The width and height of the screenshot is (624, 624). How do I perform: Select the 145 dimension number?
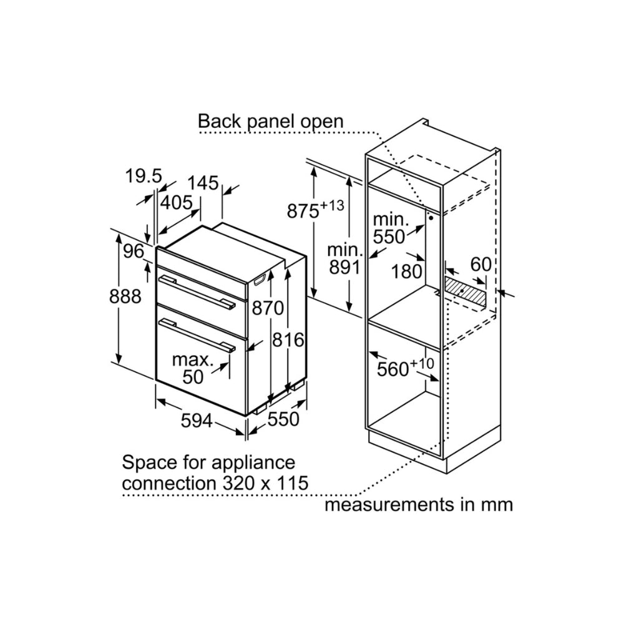(203, 183)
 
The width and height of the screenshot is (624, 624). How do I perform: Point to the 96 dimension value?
(133, 251)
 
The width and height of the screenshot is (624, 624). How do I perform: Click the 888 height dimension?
(125, 297)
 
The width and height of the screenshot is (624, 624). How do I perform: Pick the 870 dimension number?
(268, 308)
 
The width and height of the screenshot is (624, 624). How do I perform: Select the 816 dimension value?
(288, 340)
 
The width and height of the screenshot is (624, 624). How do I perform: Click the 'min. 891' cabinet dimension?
(344, 259)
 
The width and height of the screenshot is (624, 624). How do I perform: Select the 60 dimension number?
(480, 265)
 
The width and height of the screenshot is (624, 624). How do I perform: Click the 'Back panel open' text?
(271, 120)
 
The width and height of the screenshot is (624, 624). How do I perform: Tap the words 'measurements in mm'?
(418, 504)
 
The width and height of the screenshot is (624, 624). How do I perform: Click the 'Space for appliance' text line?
(208, 462)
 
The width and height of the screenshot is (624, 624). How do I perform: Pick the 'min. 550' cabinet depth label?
(391, 228)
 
